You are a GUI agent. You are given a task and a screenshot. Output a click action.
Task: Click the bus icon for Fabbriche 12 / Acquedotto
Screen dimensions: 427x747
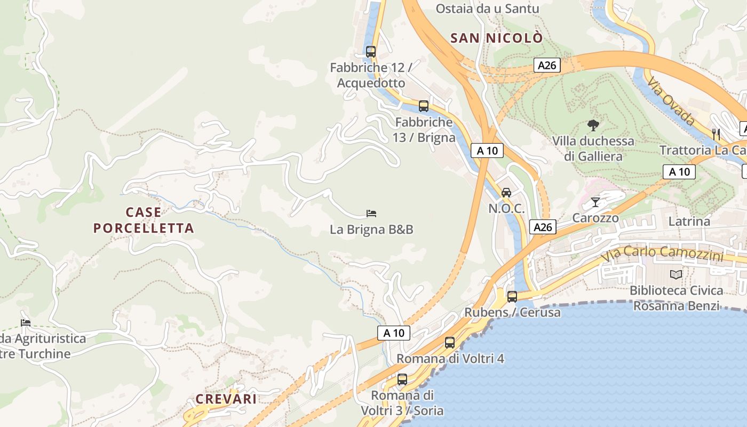click(370, 52)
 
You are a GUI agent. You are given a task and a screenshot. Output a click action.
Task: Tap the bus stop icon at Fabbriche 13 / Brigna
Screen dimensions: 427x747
click(424, 106)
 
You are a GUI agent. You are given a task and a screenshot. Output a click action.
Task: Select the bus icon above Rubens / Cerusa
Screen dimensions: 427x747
click(512, 296)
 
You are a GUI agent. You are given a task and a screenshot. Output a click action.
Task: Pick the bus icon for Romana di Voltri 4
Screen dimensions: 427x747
click(450, 343)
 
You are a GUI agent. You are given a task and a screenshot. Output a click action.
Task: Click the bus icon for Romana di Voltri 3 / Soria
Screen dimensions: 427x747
click(402, 379)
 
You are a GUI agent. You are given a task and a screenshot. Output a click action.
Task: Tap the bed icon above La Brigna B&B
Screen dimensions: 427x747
click(371, 213)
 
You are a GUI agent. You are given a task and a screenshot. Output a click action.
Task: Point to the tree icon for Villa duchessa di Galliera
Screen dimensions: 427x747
click(593, 126)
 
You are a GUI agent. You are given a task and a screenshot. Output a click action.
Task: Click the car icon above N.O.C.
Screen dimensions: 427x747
click(506, 192)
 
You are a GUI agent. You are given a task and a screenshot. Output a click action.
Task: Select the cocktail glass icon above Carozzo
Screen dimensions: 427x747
click(595, 202)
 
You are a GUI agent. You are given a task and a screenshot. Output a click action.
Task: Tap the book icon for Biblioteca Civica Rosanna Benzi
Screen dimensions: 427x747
click(676, 274)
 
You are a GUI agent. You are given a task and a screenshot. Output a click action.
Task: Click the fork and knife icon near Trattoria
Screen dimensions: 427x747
click(716, 134)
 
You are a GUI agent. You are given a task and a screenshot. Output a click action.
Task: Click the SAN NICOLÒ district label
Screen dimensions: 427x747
click(496, 38)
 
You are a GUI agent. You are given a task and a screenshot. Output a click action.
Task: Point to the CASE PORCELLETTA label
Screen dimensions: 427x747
click(144, 220)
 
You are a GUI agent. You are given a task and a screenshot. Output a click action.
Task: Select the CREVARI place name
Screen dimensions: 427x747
click(226, 399)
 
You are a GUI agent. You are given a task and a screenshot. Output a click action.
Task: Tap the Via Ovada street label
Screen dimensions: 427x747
click(671, 101)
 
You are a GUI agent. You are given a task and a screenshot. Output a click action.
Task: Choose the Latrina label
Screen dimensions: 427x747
click(689, 221)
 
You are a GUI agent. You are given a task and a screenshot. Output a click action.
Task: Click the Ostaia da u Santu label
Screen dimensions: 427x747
click(488, 9)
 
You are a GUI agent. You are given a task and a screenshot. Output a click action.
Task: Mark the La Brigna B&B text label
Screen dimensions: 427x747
click(371, 230)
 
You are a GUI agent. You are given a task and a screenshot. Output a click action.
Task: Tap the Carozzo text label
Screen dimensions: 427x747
click(595, 218)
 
